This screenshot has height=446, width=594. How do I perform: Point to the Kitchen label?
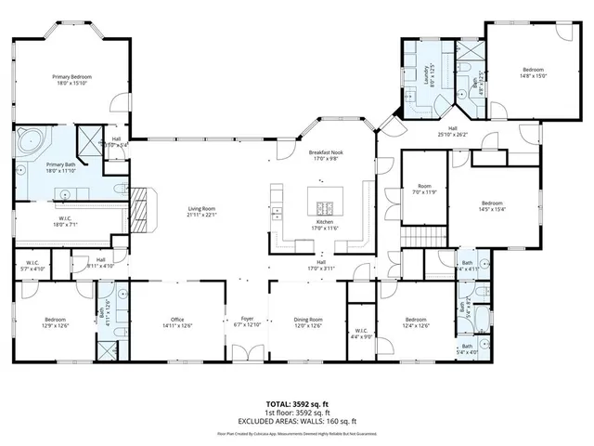coord(325,222)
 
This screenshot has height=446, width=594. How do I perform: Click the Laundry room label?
coord(429,69)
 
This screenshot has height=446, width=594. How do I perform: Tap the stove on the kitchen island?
coord(326,206)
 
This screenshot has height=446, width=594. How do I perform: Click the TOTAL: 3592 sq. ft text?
coord(297,403)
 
